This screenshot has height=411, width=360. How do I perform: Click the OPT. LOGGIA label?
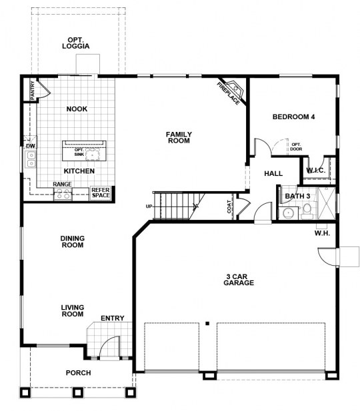click(x=75, y=43)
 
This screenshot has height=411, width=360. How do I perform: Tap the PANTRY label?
click(x=33, y=91)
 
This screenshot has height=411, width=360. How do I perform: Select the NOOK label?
click(x=77, y=109)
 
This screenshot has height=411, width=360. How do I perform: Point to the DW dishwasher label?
click(x=31, y=146)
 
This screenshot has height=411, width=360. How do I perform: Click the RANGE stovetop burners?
click(x=63, y=195)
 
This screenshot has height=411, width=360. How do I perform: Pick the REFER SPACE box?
click(x=100, y=193)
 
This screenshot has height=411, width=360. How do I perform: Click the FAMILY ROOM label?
click(x=179, y=138)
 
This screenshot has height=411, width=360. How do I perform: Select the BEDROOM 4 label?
click(x=293, y=117)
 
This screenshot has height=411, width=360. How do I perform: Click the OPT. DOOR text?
click(x=296, y=147)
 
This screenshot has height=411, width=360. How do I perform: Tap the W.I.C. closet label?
click(x=315, y=171)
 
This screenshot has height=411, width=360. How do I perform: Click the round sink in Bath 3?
click(x=289, y=213)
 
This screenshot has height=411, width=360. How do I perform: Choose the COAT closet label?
click(x=229, y=206)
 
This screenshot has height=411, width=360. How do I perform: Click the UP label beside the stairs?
click(x=149, y=206)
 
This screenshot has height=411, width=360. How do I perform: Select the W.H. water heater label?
click(x=322, y=233)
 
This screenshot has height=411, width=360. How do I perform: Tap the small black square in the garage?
click(x=207, y=324)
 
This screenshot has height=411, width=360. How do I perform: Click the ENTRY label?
click(x=112, y=318)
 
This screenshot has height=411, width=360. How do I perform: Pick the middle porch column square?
click(x=78, y=392)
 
